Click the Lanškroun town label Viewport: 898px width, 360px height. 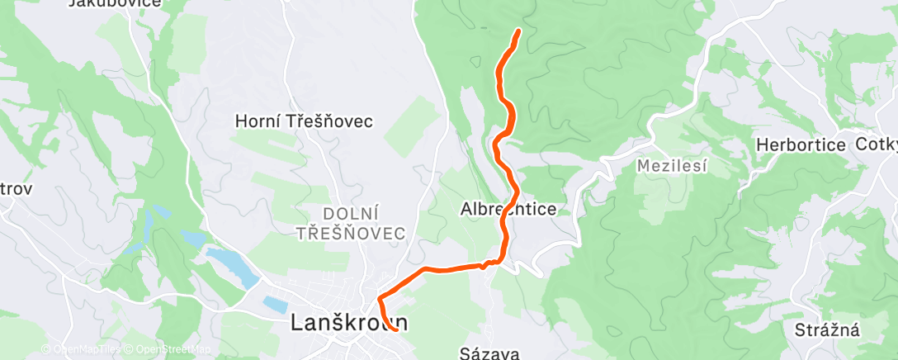point(350,324)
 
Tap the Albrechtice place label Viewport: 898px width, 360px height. point(508,210)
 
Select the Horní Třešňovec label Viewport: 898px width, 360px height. point(304,121)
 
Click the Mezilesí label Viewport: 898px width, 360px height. point(673,166)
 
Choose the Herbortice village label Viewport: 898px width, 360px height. point(801,145)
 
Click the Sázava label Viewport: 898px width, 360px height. point(489,354)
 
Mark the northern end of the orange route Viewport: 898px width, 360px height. point(518,31)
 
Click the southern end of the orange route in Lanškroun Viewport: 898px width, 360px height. point(397,329)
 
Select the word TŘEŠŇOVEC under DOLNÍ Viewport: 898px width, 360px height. point(352,233)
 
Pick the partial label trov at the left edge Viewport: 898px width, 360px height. point(15,189)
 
